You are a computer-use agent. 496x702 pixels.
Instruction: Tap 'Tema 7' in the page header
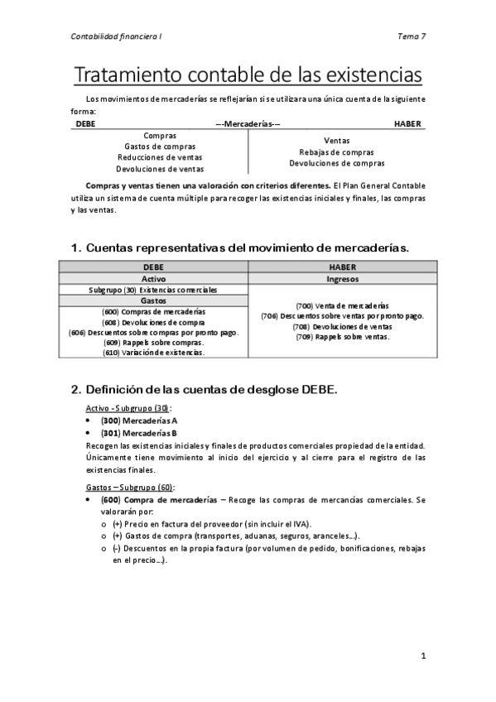coord(411,36)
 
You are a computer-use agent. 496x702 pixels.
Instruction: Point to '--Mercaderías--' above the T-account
coord(248,123)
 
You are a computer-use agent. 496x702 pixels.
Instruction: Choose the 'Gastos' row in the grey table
coord(154,301)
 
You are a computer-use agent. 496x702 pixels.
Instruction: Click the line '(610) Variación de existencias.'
coord(154,353)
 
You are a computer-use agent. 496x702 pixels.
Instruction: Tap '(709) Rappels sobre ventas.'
coord(342,337)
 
